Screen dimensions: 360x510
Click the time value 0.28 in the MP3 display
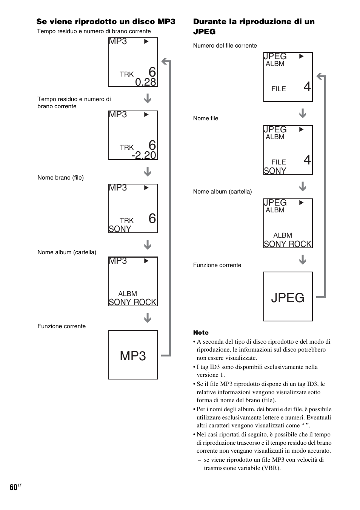[x=146, y=82]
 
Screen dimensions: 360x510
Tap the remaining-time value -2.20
[x=144, y=155]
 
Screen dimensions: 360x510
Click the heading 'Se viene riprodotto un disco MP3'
[x=106, y=22]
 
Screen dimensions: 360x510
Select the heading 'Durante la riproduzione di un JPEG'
[x=254, y=27]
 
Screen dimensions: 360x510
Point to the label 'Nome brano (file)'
[x=61, y=178]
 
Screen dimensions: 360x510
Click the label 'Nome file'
[x=206, y=118]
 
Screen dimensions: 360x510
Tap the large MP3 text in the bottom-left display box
[x=133, y=356]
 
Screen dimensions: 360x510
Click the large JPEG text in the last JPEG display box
[x=288, y=298]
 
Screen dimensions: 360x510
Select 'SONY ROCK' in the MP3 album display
[x=132, y=302]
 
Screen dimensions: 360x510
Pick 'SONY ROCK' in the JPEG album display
[x=288, y=244]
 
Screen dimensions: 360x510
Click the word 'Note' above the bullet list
[x=201, y=333]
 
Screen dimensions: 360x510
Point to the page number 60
[x=14, y=487]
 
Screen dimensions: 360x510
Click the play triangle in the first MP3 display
[x=146, y=41]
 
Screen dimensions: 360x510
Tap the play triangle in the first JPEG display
[x=302, y=56]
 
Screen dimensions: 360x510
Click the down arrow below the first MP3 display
[x=148, y=98]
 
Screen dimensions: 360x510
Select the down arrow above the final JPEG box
[x=303, y=260]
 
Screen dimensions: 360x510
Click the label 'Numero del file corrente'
[x=225, y=46]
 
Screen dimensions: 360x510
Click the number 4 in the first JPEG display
[x=307, y=87]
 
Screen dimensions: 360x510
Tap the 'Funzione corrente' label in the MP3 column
[x=62, y=326]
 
